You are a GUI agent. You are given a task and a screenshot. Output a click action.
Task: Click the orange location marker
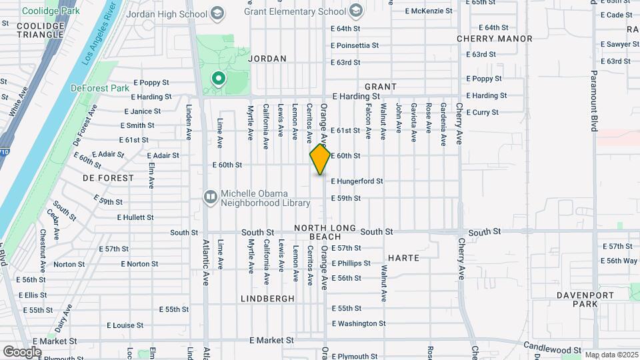click(321, 159)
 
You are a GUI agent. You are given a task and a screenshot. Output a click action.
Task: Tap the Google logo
click(23, 351)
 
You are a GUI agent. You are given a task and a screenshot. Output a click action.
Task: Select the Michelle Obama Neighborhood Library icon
click(210, 196)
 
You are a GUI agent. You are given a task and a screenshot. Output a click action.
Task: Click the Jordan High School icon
click(217, 13)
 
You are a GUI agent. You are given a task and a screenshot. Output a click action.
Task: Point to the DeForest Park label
click(100, 88)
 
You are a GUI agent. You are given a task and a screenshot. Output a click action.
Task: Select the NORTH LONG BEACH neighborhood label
click(326, 232)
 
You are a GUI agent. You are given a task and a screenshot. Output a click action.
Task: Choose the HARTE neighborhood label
click(403, 257)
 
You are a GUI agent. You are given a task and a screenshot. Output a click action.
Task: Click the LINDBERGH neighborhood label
click(267, 299)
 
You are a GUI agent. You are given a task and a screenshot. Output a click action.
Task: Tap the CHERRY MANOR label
click(495, 39)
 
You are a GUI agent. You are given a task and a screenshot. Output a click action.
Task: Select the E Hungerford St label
click(357, 181)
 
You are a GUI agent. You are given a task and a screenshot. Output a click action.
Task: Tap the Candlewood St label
click(552, 347)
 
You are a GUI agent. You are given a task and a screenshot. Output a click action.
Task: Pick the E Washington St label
click(359, 323)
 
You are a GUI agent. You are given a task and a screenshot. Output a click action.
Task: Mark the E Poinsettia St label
click(355, 45)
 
